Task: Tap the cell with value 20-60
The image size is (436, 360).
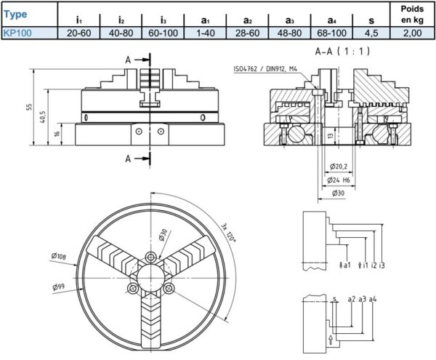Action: pyautogui.click(x=78, y=33)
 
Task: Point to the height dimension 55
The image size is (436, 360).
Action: pyautogui.click(x=30, y=107)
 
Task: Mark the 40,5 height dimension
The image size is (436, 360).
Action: pyautogui.click(x=43, y=116)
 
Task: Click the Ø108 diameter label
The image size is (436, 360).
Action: pyautogui.click(x=60, y=255)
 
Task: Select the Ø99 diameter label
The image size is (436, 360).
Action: pyautogui.click(x=58, y=287)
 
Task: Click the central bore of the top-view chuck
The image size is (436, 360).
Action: pyautogui.click(x=152, y=274)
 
